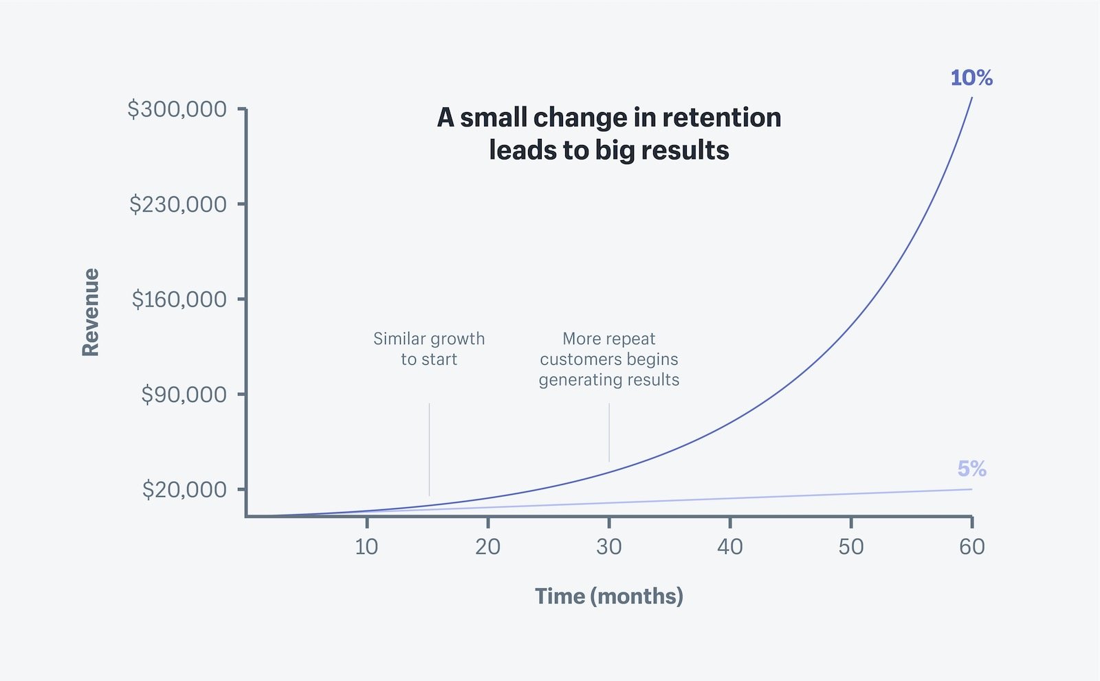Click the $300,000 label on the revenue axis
[177, 109]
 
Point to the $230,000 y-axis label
[177, 204]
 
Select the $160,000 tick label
[179, 300]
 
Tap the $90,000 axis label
[184, 394]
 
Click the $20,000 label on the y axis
[184, 490]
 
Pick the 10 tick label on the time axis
[366, 547]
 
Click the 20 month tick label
[487, 547]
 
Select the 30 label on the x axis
[608, 547]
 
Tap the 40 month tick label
[729, 547]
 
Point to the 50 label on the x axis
[850, 547]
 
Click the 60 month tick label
[971, 547]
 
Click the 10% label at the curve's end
[971, 78]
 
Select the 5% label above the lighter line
[971, 469]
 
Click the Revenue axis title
[91, 313]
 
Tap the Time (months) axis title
[609, 596]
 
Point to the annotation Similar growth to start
[429, 349]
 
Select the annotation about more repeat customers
[609, 359]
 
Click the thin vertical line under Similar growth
[429, 450]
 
